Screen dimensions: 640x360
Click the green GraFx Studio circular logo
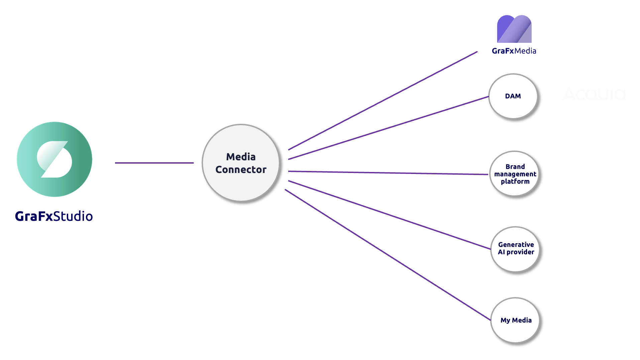tap(55, 159)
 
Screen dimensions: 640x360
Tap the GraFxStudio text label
tap(54, 216)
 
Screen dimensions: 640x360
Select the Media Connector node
tap(241, 163)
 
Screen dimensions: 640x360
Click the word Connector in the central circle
tap(241, 170)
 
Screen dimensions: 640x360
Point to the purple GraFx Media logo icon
tap(514, 29)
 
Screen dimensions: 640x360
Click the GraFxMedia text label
tap(514, 51)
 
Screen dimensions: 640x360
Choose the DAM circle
tap(513, 96)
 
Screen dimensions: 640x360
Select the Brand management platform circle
tap(515, 174)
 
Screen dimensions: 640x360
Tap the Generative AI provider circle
tap(516, 249)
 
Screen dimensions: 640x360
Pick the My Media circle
tap(516, 320)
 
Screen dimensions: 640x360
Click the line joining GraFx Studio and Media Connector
tap(154, 163)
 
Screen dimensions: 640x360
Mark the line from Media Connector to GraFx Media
tap(383, 101)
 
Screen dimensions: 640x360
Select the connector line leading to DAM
tap(389, 128)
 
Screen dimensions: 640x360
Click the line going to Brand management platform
tap(388, 173)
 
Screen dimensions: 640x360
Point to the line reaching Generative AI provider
tap(390, 215)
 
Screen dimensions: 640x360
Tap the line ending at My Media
tap(388, 255)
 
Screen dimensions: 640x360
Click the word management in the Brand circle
tap(515, 174)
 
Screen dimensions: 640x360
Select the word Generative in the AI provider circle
tap(516, 245)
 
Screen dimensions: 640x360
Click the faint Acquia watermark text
tap(595, 94)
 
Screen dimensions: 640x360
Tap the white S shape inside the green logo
tap(55, 159)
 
